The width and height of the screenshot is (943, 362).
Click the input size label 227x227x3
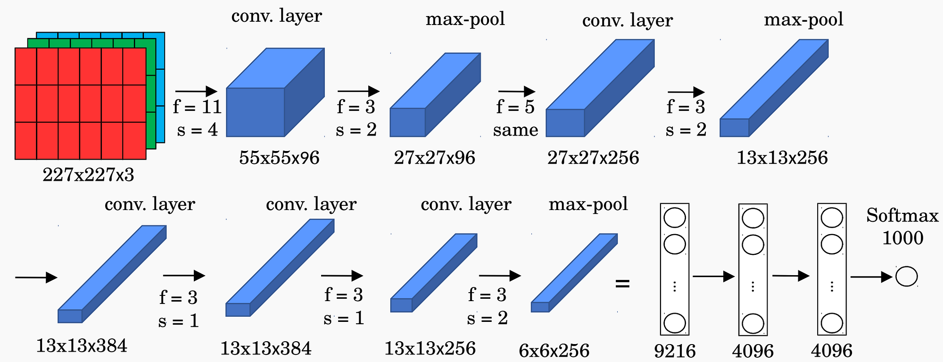click(88, 175)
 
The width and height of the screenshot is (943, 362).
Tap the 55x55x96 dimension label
click(279, 158)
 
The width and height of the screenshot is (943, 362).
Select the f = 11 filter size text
click(198, 107)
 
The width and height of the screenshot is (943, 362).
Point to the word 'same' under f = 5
click(515, 130)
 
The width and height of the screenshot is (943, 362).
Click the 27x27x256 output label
click(593, 158)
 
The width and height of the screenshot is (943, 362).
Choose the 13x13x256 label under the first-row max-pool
click(782, 158)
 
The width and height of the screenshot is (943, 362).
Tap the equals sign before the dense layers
click(622, 284)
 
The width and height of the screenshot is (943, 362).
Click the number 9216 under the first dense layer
click(675, 351)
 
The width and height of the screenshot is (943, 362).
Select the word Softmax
click(902, 215)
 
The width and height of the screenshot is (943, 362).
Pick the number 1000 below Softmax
click(902, 238)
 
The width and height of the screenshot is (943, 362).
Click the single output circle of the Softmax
click(906, 277)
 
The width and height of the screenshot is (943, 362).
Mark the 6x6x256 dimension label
click(554, 351)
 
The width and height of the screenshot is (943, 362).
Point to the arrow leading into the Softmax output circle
click(871, 277)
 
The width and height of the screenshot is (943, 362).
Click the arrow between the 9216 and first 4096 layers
click(713, 277)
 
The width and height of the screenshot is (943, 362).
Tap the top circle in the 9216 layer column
click(675, 218)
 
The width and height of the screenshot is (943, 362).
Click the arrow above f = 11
click(196, 92)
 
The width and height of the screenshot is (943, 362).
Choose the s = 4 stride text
click(198, 130)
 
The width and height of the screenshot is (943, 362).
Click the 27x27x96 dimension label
click(435, 158)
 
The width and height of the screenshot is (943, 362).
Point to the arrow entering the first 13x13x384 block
click(36, 278)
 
